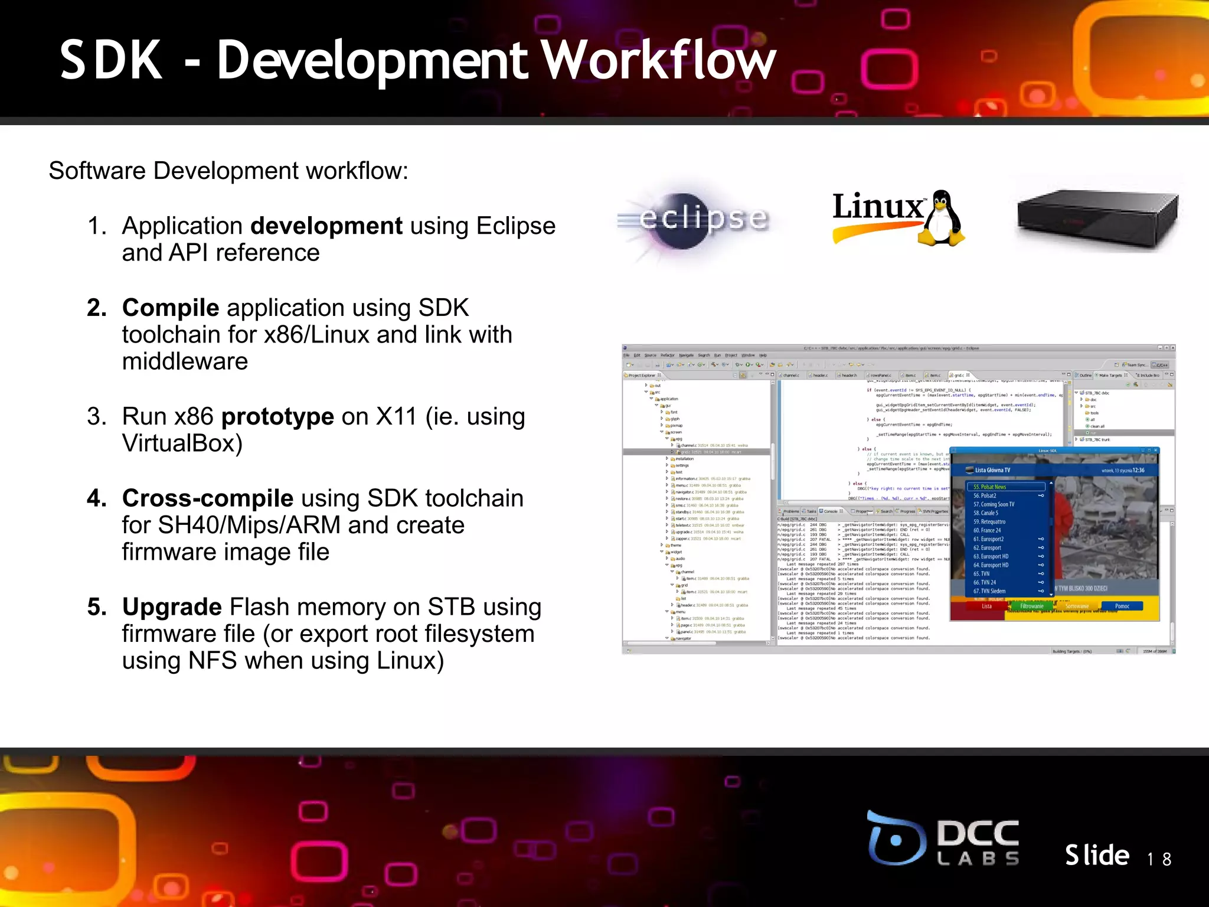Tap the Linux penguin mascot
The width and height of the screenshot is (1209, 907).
[942, 218]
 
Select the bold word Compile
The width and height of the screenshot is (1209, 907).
[171, 308]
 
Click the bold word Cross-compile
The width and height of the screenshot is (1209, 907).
[208, 498]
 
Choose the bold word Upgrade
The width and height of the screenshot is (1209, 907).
[172, 607]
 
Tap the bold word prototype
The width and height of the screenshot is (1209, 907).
[277, 417]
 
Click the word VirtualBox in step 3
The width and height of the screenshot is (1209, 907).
[182, 443]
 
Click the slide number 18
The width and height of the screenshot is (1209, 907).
[1159, 859]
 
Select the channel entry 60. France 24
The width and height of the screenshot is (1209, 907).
[987, 530]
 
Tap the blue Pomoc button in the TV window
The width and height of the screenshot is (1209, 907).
[1122, 606]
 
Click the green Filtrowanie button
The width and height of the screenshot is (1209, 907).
[1031, 606]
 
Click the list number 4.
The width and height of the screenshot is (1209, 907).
[96, 498]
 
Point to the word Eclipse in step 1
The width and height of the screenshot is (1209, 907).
[515, 226]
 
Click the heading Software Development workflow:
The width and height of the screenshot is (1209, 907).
[228, 171]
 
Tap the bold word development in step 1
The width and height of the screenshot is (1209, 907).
[326, 226]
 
